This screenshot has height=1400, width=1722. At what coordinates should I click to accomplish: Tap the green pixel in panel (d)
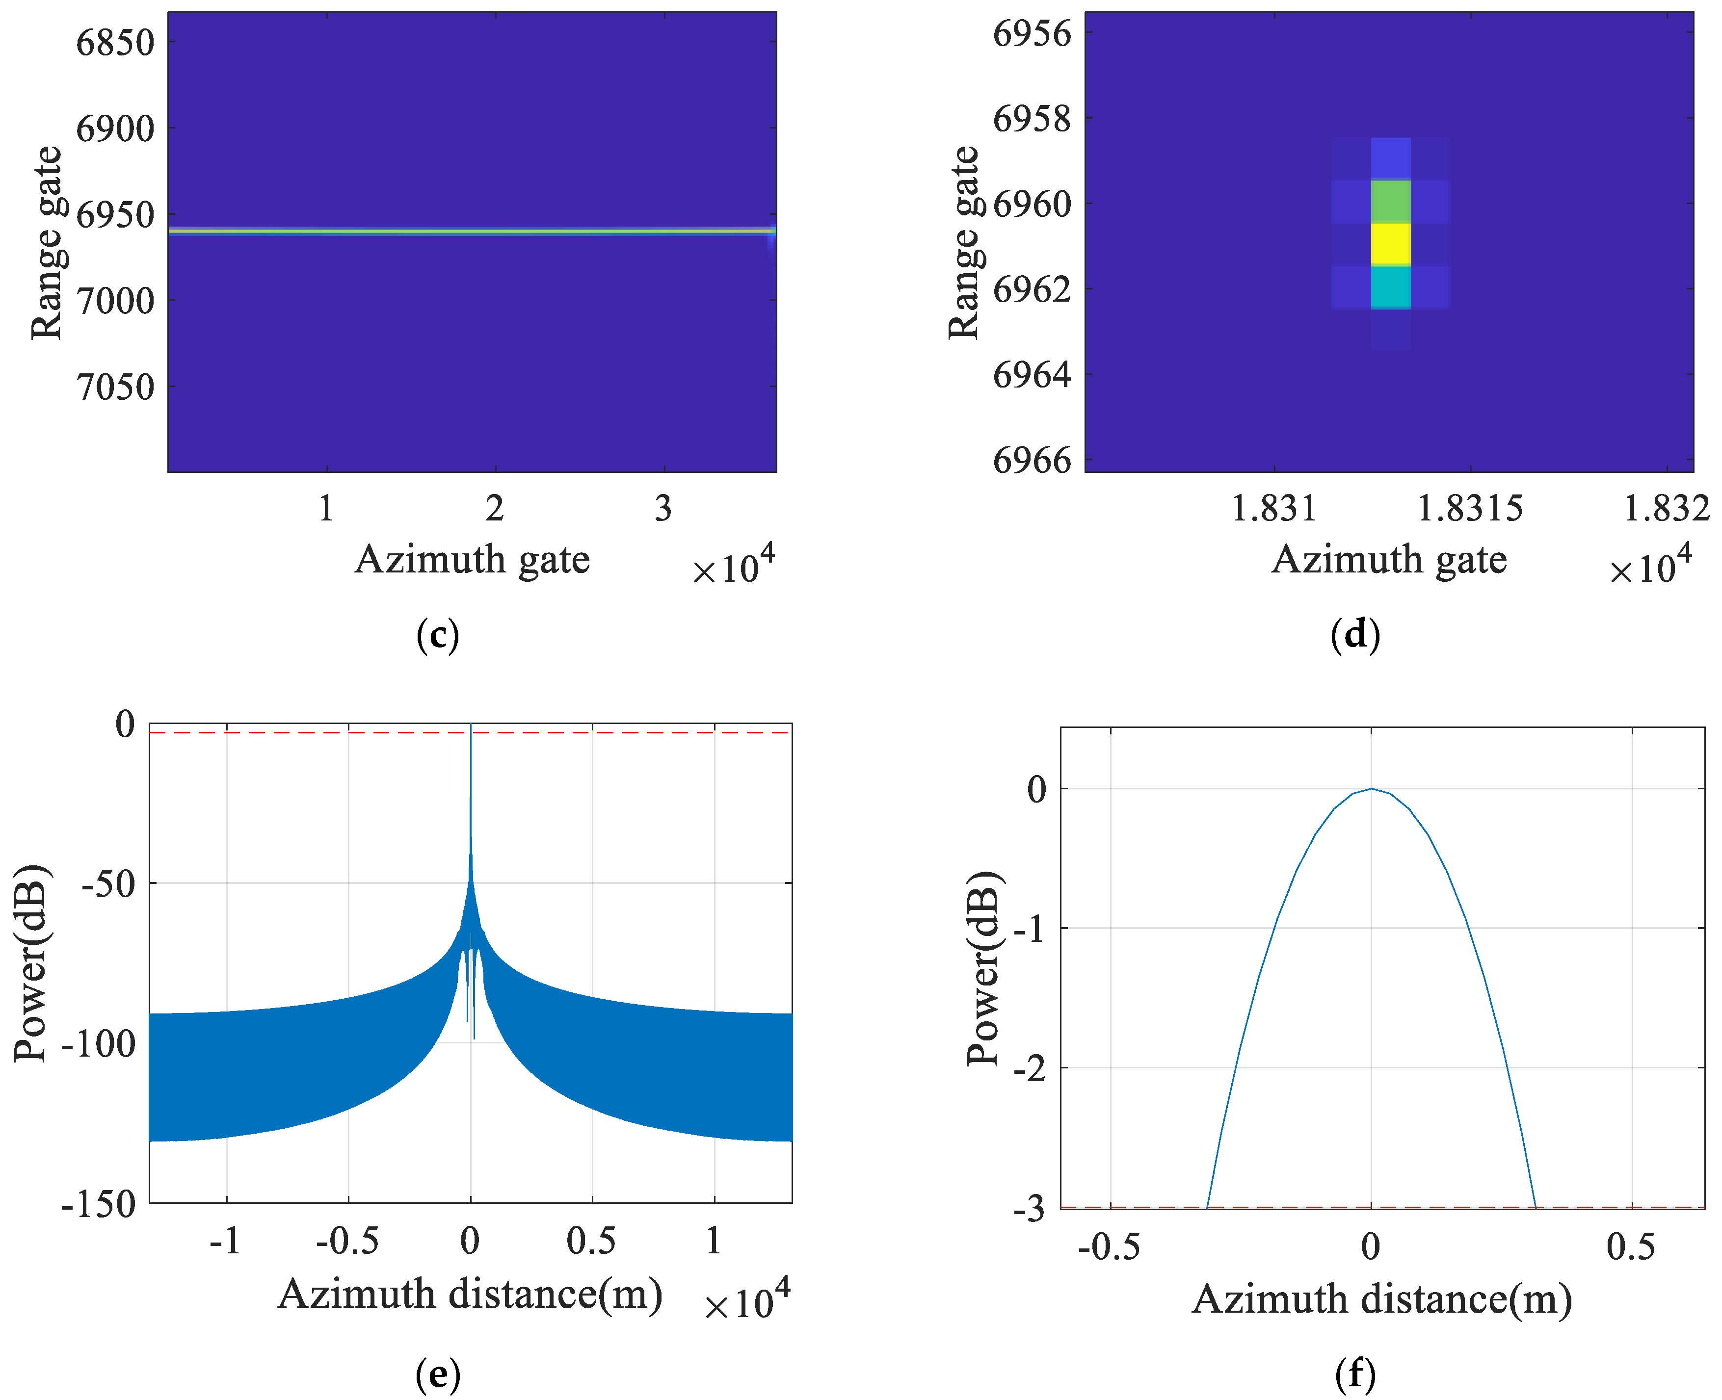click(1390, 201)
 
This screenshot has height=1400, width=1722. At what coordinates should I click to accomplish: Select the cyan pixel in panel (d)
click(1390, 287)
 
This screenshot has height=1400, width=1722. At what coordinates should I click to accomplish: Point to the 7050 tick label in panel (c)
click(114, 387)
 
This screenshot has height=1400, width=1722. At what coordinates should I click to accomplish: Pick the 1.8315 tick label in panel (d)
click(1470, 509)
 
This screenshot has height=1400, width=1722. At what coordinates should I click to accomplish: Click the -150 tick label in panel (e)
click(99, 1205)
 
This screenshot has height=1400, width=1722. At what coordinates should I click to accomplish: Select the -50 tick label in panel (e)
click(108, 884)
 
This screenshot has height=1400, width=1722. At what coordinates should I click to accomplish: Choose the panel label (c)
click(438, 635)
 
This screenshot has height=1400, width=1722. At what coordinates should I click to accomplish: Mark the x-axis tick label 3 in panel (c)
click(663, 509)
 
